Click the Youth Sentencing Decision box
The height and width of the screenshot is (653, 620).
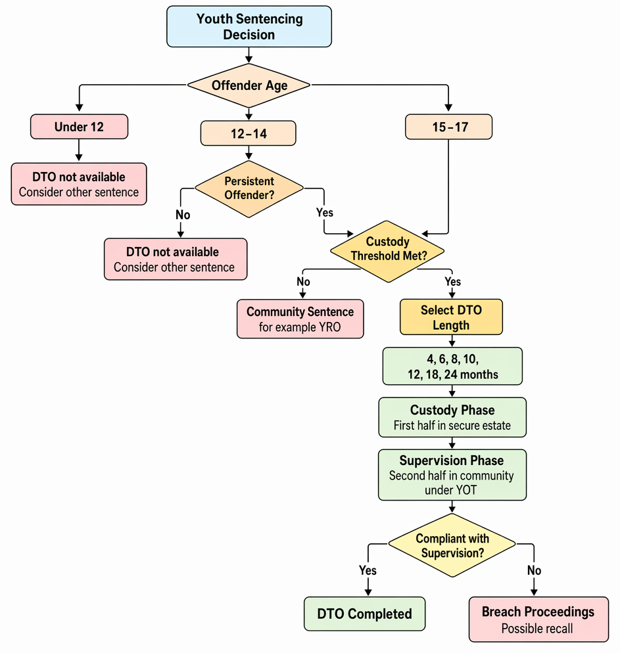(249, 26)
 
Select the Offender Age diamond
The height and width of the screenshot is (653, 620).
(249, 85)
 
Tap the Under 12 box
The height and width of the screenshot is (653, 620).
(79, 127)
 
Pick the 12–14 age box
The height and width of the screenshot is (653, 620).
(249, 133)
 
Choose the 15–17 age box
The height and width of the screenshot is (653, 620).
(449, 127)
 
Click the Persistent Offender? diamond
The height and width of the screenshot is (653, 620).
(249, 189)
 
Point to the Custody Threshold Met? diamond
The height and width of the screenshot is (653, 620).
(387, 252)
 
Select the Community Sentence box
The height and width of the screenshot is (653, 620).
(300, 319)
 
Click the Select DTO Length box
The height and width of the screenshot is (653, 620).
(451, 317)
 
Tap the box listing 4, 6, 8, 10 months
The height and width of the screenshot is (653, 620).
(452, 366)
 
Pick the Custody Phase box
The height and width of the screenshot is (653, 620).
(452, 417)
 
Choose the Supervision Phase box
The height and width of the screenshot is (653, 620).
(452, 475)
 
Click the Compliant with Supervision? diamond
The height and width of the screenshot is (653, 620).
(452, 545)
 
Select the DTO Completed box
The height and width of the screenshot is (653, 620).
(365, 614)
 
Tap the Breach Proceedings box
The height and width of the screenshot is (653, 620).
(538, 619)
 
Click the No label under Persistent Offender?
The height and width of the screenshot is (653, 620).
(183, 215)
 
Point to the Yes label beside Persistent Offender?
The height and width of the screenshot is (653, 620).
(325, 212)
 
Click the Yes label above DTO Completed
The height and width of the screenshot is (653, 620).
(368, 570)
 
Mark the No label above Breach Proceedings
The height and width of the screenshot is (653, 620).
(534, 570)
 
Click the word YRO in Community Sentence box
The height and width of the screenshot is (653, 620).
(329, 327)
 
